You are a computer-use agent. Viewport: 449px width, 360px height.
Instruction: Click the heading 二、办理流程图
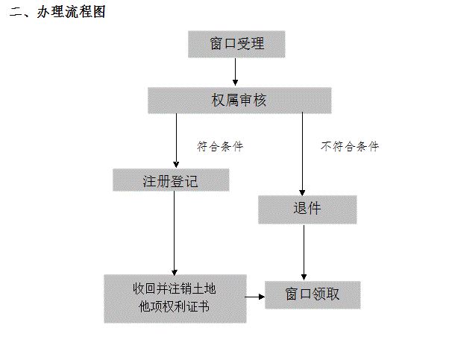(57, 12)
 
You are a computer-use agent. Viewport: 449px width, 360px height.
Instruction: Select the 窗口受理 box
(236, 45)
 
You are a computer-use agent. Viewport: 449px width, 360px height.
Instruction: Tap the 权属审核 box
(239, 101)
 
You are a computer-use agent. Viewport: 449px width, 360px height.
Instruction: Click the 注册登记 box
(171, 180)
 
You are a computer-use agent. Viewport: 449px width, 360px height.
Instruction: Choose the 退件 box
(307, 209)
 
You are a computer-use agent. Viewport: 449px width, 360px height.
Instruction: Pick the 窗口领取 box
(313, 294)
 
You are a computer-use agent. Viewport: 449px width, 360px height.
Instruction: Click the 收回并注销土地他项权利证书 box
(175, 299)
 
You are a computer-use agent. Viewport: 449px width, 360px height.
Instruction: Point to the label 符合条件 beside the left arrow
(220, 146)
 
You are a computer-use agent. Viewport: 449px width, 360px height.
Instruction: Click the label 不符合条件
(350, 146)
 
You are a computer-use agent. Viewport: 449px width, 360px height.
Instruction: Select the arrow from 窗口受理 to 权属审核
(236, 72)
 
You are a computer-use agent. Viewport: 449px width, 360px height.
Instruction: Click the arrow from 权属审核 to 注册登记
(176, 141)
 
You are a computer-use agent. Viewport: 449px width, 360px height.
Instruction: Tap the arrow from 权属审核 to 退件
(302, 154)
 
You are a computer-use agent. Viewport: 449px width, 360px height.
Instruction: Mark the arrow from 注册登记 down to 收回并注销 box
(175, 233)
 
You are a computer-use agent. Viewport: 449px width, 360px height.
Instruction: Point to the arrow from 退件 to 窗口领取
(304, 253)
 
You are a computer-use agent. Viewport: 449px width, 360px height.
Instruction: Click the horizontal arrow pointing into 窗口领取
(254, 297)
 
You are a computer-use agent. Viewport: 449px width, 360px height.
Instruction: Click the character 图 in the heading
(99, 12)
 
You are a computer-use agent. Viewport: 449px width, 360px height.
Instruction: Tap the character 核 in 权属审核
(260, 101)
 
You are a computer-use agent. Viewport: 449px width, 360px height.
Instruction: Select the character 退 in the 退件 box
(301, 209)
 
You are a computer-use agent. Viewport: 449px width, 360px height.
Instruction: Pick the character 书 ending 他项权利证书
(204, 307)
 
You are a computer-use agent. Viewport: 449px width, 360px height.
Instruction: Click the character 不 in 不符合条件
(326, 146)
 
